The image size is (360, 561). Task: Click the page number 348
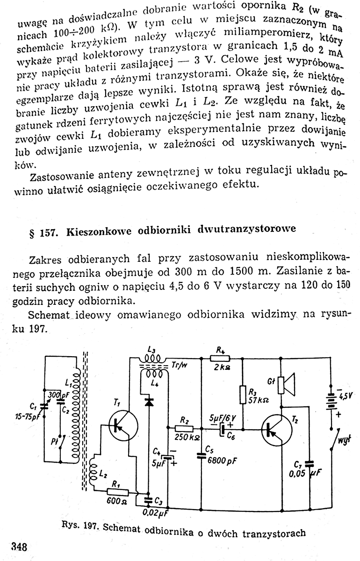pos(19,546)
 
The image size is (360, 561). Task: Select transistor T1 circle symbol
pos(122,424)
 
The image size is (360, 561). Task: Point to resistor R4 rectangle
pos(220,358)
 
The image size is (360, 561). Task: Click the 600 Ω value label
pos(115,502)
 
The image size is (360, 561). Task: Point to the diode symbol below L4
pos(149,401)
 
